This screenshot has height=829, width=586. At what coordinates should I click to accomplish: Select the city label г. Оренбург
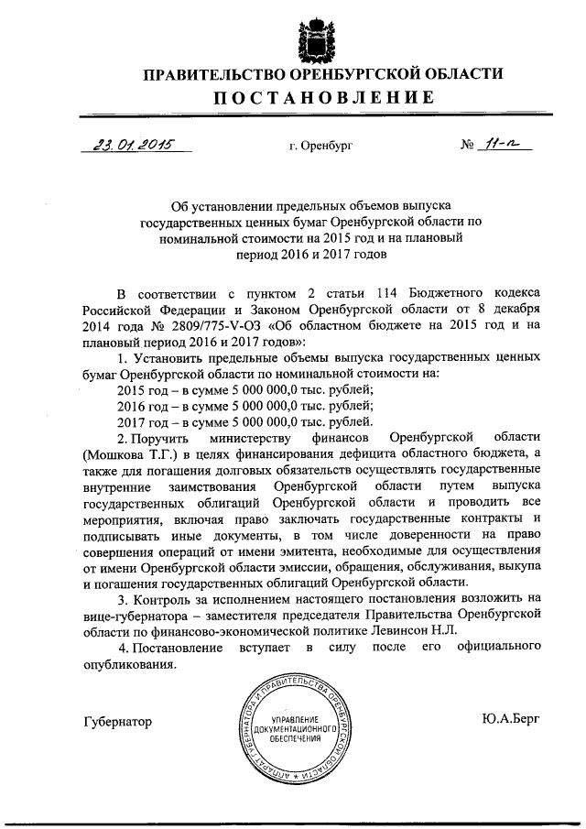click(319, 146)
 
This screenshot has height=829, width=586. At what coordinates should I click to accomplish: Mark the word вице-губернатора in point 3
click(134, 616)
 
